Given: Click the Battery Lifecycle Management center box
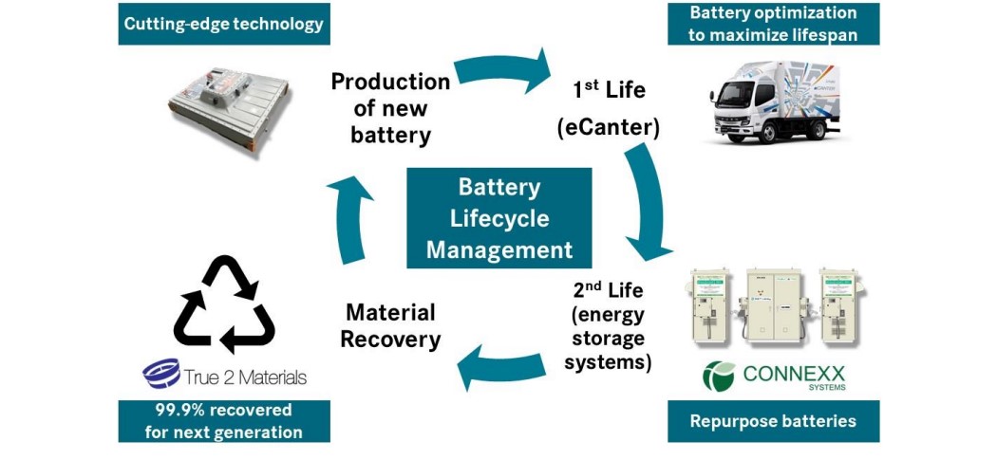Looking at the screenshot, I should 498,217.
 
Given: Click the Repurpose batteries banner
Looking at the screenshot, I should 773,420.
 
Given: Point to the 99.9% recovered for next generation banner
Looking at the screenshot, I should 224,421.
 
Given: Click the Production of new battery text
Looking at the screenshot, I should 390,108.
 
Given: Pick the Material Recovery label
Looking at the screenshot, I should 390,325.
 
